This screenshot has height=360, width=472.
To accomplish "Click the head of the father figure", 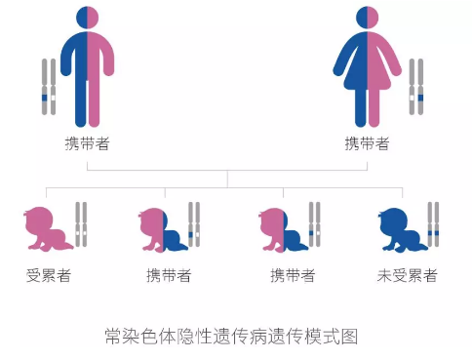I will tap(87, 17).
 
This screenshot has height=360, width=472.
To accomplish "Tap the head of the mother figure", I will tap(367, 17).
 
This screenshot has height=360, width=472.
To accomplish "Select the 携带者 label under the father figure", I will tap(87, 143).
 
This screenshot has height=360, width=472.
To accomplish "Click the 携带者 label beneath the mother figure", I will tap(367, 143).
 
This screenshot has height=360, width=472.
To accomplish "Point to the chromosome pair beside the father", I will tap(47, 93).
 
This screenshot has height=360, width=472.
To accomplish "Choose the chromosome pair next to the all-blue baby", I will tap(432, 224).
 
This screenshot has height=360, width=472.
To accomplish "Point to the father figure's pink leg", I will tap(95, 102).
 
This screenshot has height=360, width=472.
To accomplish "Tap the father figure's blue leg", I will tap(79, 102).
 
